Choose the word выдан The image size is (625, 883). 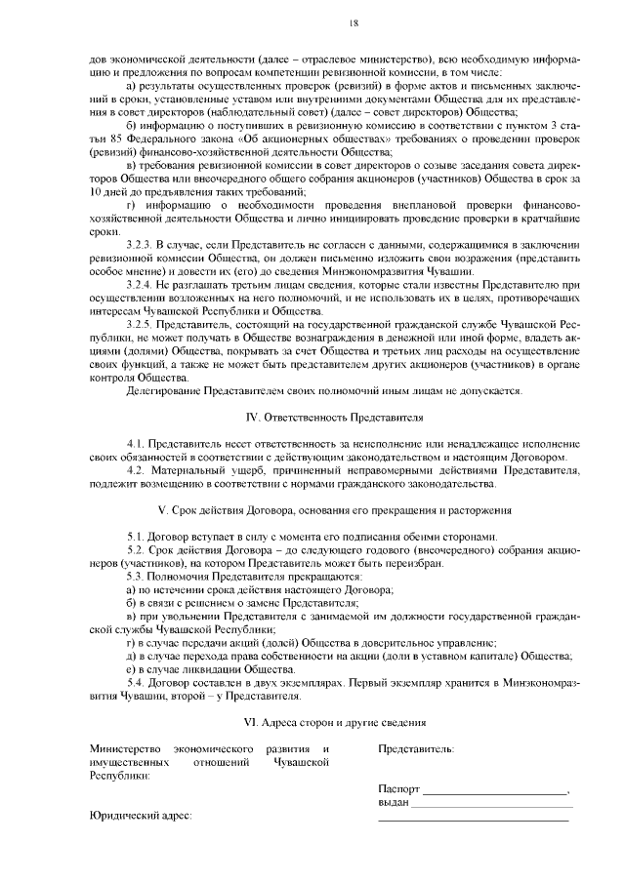pyautogui.click(x=394, y=802)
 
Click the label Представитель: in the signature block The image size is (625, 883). pyautogui.click(x=414, y=749)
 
